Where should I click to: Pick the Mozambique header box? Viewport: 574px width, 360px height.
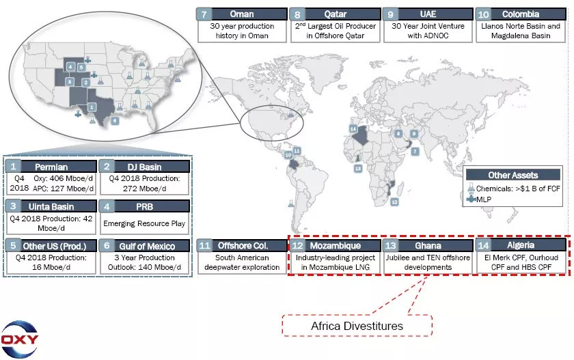point(333,245)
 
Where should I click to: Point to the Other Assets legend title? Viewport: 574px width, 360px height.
point(513,176)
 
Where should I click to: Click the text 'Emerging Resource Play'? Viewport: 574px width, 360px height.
point(143,223)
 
